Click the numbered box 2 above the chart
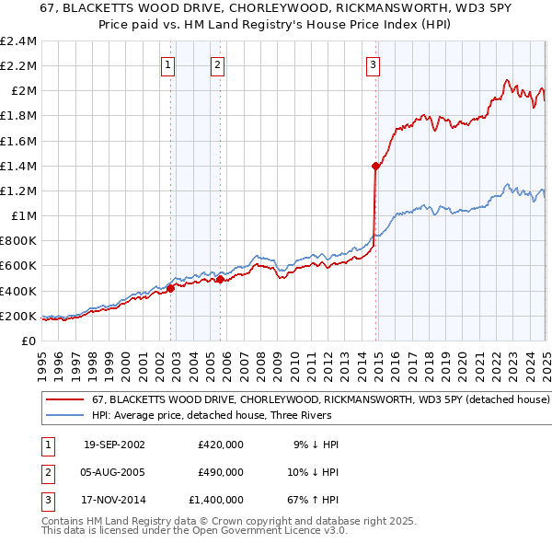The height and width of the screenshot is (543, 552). click(x=217, y=64)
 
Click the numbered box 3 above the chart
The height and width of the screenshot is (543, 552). click(x=373, y=64)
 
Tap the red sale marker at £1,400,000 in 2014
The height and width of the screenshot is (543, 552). click(x=375, y=166)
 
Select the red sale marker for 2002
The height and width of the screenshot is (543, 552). click(x=171, y=288)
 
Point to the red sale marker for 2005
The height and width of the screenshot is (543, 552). click(x=221, y=280)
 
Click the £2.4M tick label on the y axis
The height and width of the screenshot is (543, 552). click(x=18, y=41)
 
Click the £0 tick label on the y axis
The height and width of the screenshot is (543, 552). click(x=29, y=341)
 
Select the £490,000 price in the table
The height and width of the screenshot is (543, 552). click(x=220, y=472)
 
